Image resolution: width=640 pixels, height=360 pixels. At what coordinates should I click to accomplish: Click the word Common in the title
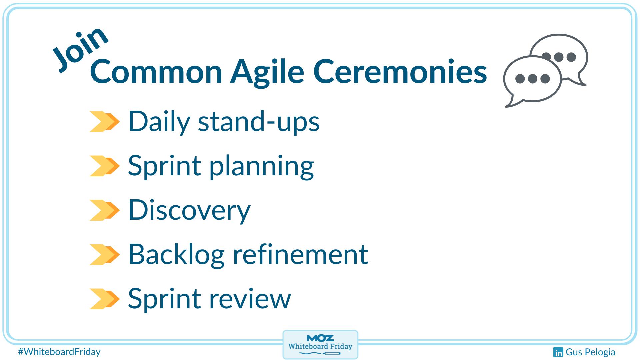[x=156, y=72]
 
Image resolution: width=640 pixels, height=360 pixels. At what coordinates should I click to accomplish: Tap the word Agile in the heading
[x=267, y=72]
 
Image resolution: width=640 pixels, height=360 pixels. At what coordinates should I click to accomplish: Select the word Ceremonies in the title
[x=400, y=72]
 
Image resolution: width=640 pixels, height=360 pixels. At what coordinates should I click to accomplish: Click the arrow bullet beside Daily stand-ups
[x=104, y=122]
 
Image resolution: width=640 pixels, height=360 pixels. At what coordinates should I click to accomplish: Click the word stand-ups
[x=259, y=122]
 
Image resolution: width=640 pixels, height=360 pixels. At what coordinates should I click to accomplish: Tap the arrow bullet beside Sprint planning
[x=104, y=166]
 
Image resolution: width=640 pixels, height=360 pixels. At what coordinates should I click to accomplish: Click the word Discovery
[x=189, y=210]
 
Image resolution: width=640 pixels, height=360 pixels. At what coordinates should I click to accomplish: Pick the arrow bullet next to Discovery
[x=104, y=210]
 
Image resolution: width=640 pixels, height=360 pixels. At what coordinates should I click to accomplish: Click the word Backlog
[x=176, y=254]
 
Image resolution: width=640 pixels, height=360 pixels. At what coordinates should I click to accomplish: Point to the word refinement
[x=300, y=254]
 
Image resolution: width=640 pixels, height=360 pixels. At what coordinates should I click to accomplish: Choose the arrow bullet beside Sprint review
[x=104, y=299]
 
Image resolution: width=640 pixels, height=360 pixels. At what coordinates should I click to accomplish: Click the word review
[x=250, y=299]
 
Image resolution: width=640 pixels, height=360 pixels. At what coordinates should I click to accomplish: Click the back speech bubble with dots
[x=567, y=50]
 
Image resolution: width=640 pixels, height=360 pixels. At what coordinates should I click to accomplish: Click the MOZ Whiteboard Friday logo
[x=320, y=345]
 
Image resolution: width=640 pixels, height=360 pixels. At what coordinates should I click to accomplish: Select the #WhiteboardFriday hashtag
[x=59, y=352]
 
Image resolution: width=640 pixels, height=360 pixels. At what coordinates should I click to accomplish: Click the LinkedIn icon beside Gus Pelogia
[x=558, y=352]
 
